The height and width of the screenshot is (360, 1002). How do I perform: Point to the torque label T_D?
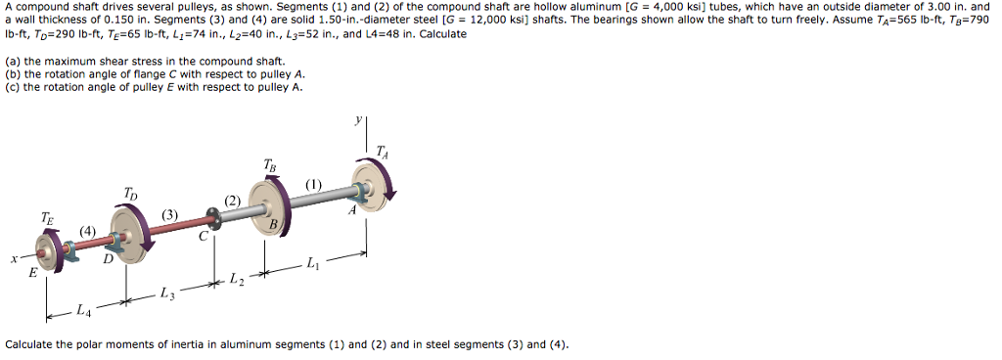131,193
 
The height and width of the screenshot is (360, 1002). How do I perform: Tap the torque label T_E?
47,218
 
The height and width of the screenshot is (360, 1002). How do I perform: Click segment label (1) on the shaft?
313,185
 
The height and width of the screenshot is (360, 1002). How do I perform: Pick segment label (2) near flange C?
232,202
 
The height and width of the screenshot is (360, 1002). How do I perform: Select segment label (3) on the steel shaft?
170,214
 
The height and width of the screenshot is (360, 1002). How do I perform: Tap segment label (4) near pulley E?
88,232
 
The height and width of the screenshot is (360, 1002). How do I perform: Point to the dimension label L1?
312,263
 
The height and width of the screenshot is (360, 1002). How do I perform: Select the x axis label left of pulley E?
13,260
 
